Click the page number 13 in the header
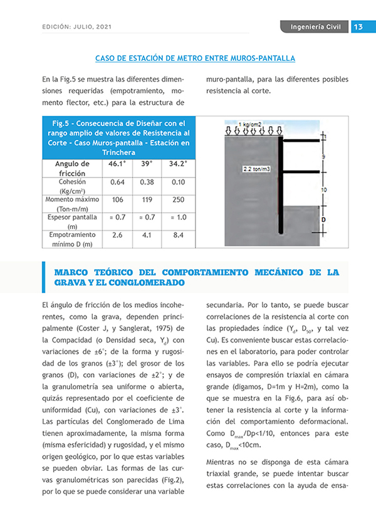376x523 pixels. [x=359, y=27]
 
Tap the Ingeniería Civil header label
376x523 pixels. [x=315, y=27]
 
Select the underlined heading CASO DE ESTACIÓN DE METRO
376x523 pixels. [x=195, y=58]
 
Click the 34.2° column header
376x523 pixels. [x=178, y=163]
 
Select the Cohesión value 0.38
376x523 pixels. [x=147, y=182]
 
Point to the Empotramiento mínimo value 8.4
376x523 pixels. [x=178, y=236]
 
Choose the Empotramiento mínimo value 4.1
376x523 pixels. [x=147, y=236]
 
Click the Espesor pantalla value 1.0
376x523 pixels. [x=178, y=218]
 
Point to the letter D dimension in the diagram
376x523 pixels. [x=323, y=220]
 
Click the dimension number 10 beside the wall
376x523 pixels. [x=323, y=189]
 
